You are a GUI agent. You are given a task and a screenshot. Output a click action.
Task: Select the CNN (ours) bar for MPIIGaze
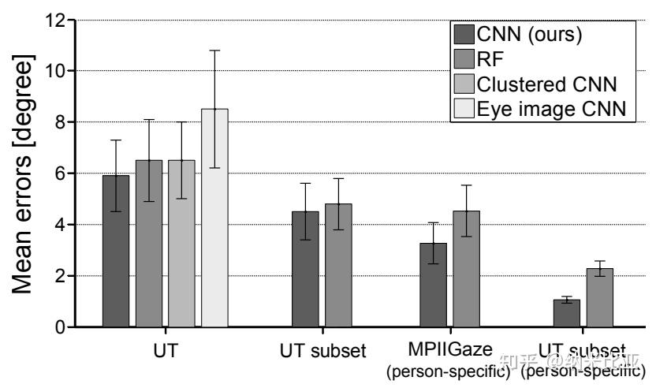[x=433, y=285]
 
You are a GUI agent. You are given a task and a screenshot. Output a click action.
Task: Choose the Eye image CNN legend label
[x=554, y=109]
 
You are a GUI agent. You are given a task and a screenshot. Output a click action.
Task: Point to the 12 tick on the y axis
[x=55, y=20]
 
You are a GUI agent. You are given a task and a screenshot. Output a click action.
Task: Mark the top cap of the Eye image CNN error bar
[x=214, y=50]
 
